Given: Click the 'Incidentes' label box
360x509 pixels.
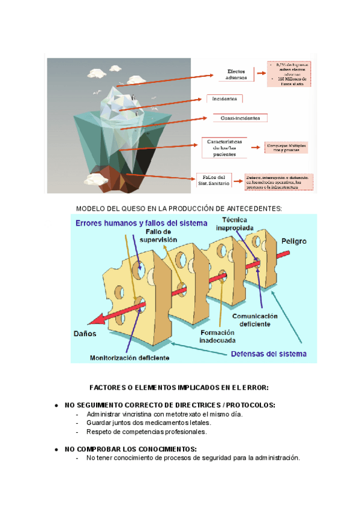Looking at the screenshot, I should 224,99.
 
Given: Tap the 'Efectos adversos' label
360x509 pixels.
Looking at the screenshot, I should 235,74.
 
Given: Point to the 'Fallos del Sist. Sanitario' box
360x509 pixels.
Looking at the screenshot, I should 213,180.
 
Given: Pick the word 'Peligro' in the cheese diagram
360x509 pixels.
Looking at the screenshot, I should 292,241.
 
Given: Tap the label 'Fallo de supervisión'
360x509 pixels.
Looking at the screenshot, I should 156,235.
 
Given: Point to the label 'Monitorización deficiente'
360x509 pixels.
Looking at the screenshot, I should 130,358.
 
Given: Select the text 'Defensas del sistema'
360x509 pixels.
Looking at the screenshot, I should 269,354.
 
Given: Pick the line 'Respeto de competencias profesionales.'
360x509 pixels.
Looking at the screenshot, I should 146,431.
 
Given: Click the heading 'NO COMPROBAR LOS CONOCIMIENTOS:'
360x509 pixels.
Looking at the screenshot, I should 130,449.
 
